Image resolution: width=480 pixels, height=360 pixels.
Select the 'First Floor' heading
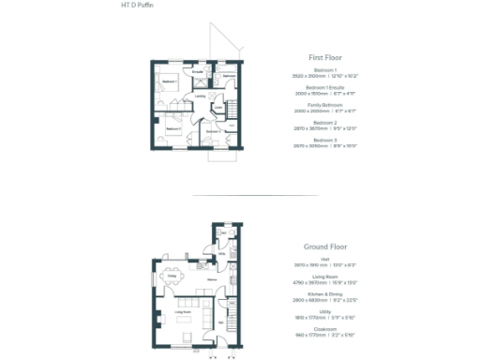click(x=323, y=57)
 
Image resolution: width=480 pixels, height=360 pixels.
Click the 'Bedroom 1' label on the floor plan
click(x=169, y=82)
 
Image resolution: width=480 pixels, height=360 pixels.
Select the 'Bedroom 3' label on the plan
click(x=213, y=131)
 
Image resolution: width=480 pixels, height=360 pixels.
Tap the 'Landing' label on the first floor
click(x=200, y=96)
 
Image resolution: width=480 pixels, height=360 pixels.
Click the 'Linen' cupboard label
click(x=217, y=108)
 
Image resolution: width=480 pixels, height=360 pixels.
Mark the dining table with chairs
click(x=171, y=276)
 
